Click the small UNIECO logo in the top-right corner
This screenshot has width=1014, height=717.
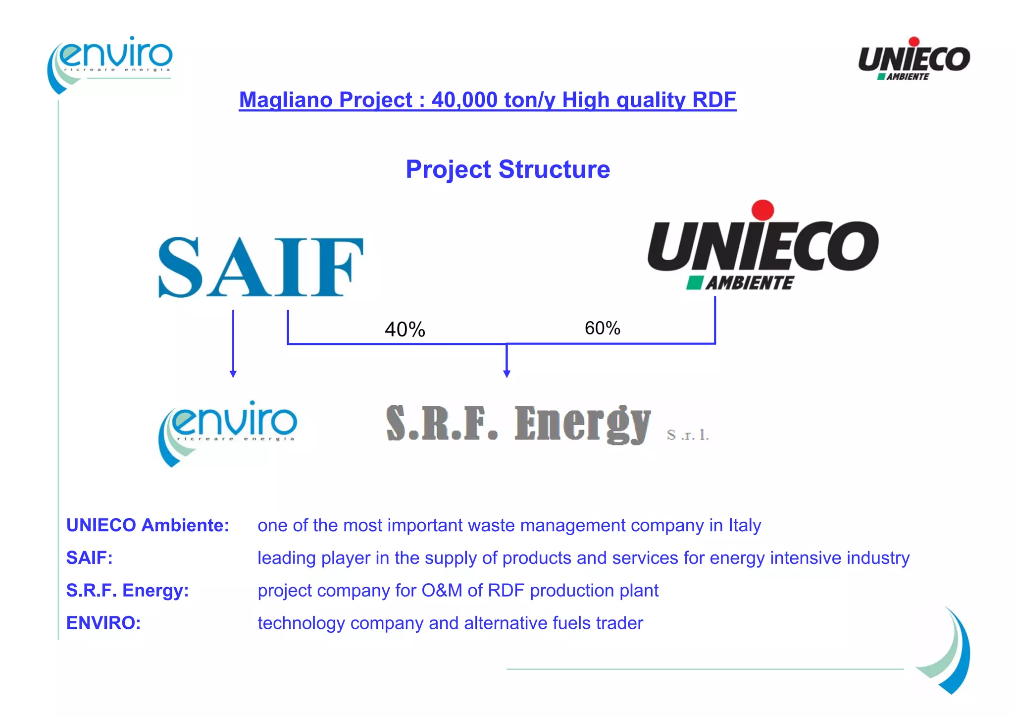913,59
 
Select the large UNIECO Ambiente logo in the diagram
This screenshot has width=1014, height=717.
762,248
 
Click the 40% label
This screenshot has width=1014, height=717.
405,330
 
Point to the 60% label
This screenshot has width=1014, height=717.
602,328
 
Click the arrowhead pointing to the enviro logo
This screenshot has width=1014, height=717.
233,374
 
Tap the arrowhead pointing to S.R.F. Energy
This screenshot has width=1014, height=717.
507,374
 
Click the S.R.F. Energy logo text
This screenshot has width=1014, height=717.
518,424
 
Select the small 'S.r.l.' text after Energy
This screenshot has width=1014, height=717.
688,435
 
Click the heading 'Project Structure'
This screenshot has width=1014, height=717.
507,169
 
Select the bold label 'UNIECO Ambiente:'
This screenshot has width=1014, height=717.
148,525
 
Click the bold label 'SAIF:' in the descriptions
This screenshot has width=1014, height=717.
90,558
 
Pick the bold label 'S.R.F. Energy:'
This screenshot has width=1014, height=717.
128,591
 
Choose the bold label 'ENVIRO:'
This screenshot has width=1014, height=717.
103,623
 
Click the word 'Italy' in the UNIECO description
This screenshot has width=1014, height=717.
744,525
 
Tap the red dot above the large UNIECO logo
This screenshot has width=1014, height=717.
762,210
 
